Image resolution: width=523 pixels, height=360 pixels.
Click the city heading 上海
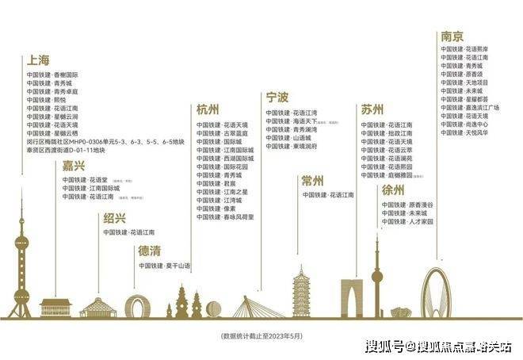pyautogui.click(x=39, y=60)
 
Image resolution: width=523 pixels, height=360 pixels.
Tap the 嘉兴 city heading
pyautogui.click(x=74, y=166)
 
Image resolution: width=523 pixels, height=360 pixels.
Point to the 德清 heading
pyautogui.click(x=151, y=251)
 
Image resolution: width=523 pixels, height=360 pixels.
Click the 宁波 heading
pyautogui.click(x=277, y=98)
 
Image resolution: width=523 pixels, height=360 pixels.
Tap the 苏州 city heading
pyautogui.click(x=372, y=110)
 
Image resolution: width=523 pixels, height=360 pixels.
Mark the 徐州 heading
pyautogui.click(x=394, y=190)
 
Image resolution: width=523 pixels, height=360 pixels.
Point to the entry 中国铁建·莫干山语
pyautogui.click(x=165, y=266)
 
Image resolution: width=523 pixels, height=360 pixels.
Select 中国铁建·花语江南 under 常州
pyautogui.click(x=328, y=195)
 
